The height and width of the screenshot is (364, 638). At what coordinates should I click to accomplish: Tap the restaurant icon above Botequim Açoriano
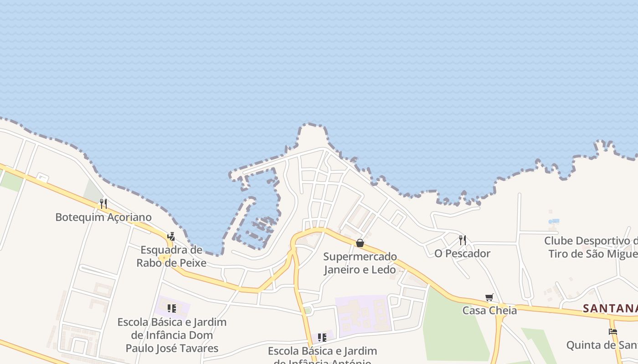click(103, 203)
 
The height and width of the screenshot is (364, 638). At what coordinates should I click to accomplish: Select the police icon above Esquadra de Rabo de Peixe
click(171, 236)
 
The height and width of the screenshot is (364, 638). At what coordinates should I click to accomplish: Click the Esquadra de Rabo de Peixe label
click(171, 256)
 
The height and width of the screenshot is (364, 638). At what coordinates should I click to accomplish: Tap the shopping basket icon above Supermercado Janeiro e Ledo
click(360, 243)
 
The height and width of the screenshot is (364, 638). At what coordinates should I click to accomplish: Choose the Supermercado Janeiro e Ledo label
click(360, 263)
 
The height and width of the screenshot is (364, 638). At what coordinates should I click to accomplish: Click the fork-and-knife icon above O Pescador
click(463, 240)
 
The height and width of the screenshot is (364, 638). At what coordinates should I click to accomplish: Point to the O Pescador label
click(462, 253)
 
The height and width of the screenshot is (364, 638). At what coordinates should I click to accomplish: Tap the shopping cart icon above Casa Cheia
click(489, 298)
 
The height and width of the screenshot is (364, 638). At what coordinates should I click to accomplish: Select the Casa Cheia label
click(489, 310)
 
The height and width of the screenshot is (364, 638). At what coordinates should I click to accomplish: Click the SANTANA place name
click(610, 308)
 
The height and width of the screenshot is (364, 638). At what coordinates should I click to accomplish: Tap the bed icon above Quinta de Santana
click(613, 332)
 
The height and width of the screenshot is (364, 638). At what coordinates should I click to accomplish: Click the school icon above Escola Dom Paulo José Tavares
click(172, 308)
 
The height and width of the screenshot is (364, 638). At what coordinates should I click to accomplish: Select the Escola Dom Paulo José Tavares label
click(172, 335)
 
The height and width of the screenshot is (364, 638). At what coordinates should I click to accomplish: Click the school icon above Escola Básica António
click(322, 338)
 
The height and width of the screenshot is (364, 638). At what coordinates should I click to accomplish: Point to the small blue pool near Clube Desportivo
click(554, 222)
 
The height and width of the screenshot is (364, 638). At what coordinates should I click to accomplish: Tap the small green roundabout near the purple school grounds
click(308, 310)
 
